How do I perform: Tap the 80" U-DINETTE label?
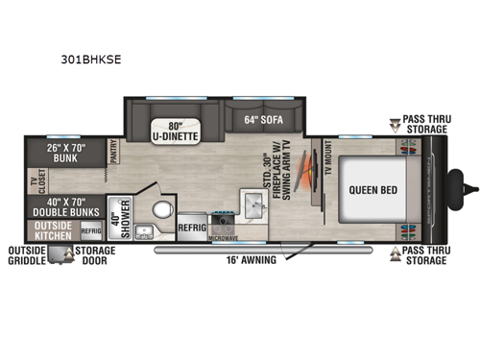[173, 128]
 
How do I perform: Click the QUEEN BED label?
[366, 189]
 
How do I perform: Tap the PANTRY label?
[113, 154]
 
